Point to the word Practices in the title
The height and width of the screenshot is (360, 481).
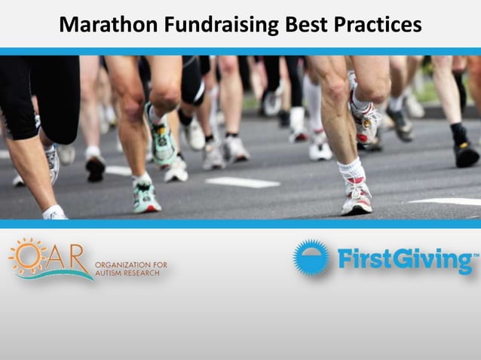[379, 25]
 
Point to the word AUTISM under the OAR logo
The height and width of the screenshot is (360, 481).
[109, 274]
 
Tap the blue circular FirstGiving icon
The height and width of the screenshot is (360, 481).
[311, 258]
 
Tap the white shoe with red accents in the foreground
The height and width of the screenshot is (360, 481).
[358, 199]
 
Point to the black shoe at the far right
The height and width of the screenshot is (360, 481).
[465, 154]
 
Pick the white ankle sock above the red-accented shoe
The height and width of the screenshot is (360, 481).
[351, 170]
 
